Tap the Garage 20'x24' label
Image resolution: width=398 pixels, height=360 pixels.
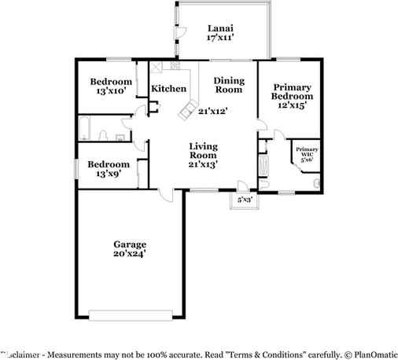[128, 249]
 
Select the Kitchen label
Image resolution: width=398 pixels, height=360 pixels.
[168, 89]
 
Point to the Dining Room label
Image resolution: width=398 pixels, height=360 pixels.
[230, 86]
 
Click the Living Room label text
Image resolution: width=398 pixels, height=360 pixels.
[203, 155]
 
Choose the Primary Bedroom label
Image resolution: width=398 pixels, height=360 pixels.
[292, 95]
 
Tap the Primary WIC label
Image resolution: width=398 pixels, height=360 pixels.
[307, 152]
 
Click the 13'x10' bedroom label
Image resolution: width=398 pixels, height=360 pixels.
[109, 86]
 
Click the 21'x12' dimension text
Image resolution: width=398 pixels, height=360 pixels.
[212, 111]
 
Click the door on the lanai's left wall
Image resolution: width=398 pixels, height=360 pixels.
[179, 31]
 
